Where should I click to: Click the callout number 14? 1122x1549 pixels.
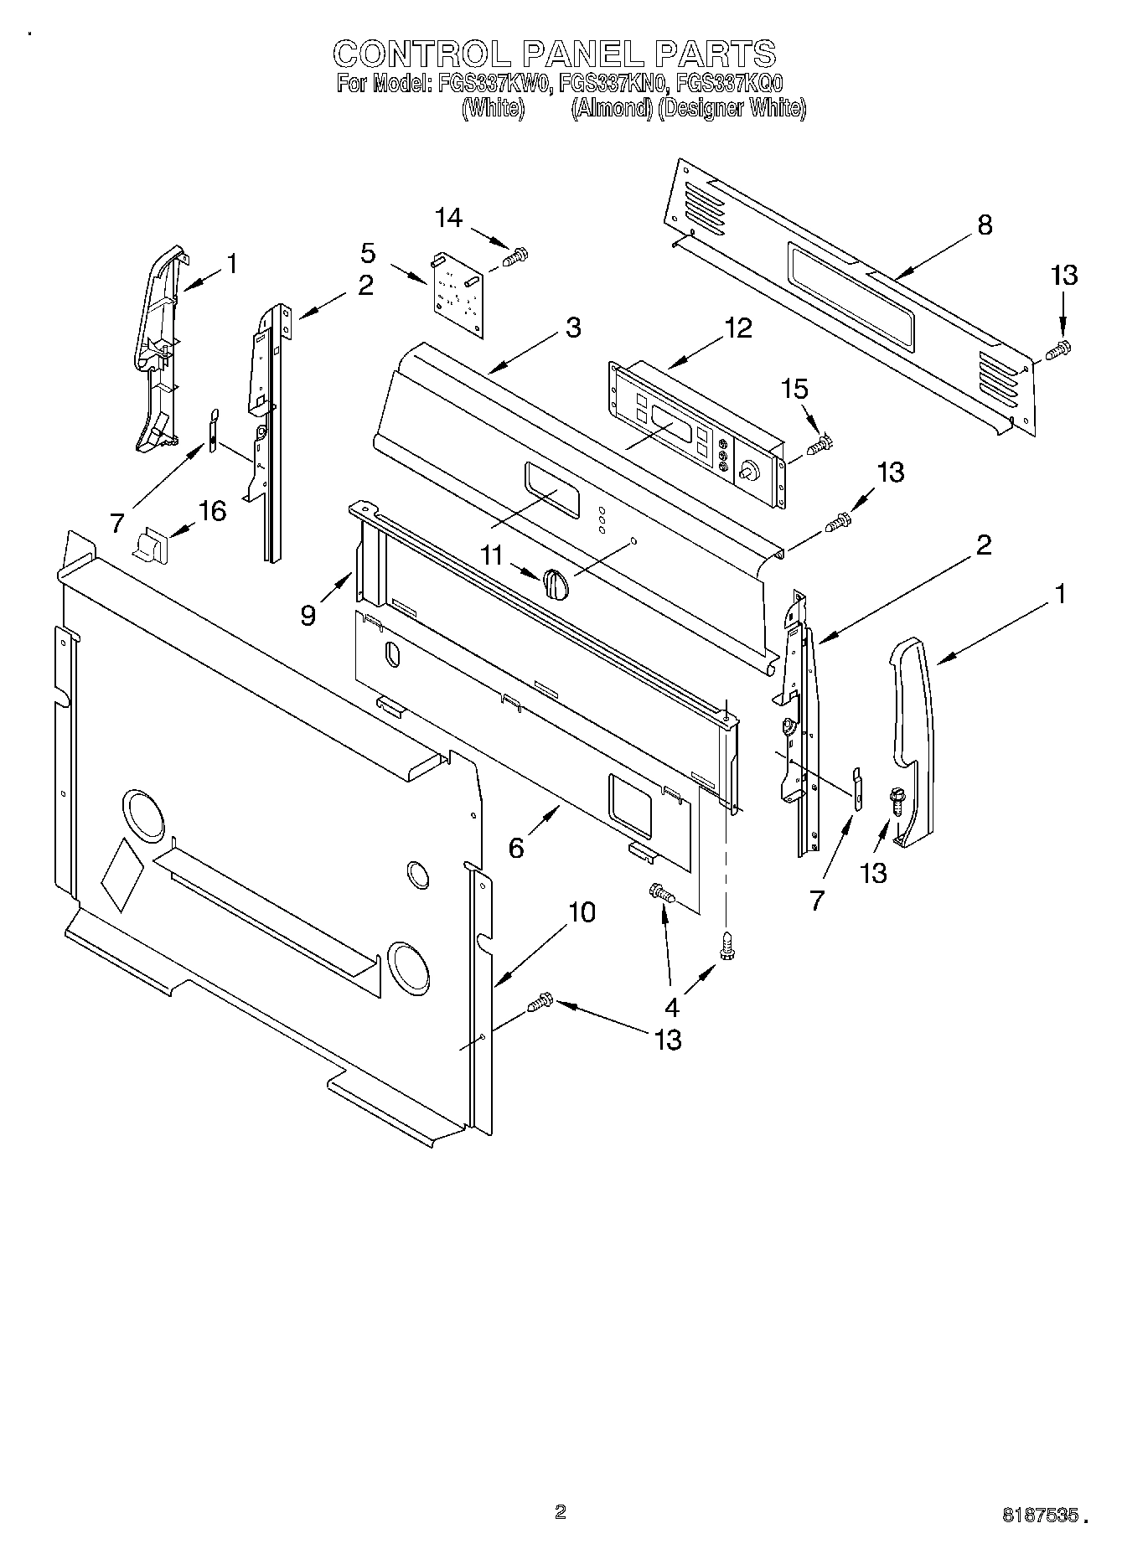(448, 218)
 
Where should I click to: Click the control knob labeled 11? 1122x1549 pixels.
(556, 581)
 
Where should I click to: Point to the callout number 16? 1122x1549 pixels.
(212, 509)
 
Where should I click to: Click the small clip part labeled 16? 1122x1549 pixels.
(151, 545)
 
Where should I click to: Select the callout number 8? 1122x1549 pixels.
(985, 225)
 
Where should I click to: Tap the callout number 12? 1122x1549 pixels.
(738, 328)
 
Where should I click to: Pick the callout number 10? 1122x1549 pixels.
(582, 912)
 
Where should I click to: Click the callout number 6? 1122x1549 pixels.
(516, 848)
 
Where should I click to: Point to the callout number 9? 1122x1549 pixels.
(308, 615)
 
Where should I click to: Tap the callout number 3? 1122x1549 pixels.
(572, 328)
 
